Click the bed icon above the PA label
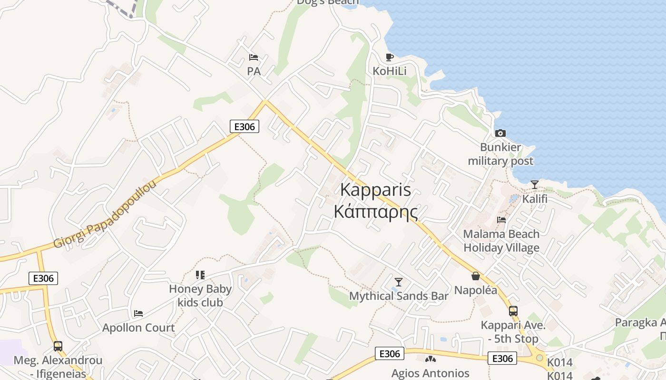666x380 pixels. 254,58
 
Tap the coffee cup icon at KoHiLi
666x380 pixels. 390,57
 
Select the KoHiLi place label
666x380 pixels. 390,71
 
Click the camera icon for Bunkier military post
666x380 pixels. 500,133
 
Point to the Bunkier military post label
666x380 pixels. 500,154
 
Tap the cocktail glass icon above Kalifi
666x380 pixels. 535,184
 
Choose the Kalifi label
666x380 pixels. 535,199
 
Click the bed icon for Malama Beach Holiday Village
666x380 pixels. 501,219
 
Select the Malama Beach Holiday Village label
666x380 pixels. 501,240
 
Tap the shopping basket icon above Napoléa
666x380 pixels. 475,276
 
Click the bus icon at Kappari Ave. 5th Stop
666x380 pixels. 513,311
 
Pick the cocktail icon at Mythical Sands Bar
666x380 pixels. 399,282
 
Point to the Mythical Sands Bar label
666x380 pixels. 399,296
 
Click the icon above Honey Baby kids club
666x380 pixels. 200,275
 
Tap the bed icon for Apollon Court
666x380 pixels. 138,313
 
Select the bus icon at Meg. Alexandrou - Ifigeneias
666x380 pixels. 58,346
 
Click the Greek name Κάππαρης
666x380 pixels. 376,211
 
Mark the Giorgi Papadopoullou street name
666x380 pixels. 105,214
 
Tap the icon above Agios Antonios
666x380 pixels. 430,360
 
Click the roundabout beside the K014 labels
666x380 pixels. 539,358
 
